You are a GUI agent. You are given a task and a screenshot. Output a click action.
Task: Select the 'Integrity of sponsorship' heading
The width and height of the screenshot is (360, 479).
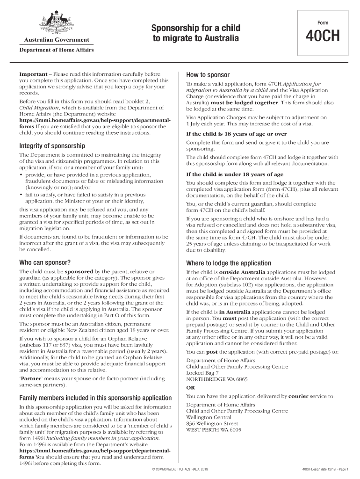pyautogui.click(x=51, y=146)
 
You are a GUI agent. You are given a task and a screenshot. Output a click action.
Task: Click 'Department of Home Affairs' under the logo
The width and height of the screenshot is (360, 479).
pyautogui.click(x=56, y=50)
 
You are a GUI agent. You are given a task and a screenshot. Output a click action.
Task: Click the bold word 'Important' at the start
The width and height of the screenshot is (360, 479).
pyautogui.click(x=33, y=74)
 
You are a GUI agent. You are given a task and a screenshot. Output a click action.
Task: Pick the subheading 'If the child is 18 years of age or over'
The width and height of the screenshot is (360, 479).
pyautogui.click(x=236, y=134)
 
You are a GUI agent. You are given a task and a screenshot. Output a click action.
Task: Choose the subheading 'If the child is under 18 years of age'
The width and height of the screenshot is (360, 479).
pyautogui.click(x=234, y=174)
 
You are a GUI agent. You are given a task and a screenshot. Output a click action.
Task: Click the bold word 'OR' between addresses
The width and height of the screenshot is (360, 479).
pyautogui.click(x=191, y=388)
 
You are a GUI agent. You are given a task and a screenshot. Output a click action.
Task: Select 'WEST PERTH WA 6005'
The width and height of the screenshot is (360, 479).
pyautogui.click(x=214, y=429)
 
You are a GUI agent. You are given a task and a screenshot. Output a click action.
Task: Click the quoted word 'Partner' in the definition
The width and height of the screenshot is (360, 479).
pyautogui.click(x=33, y=378)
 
